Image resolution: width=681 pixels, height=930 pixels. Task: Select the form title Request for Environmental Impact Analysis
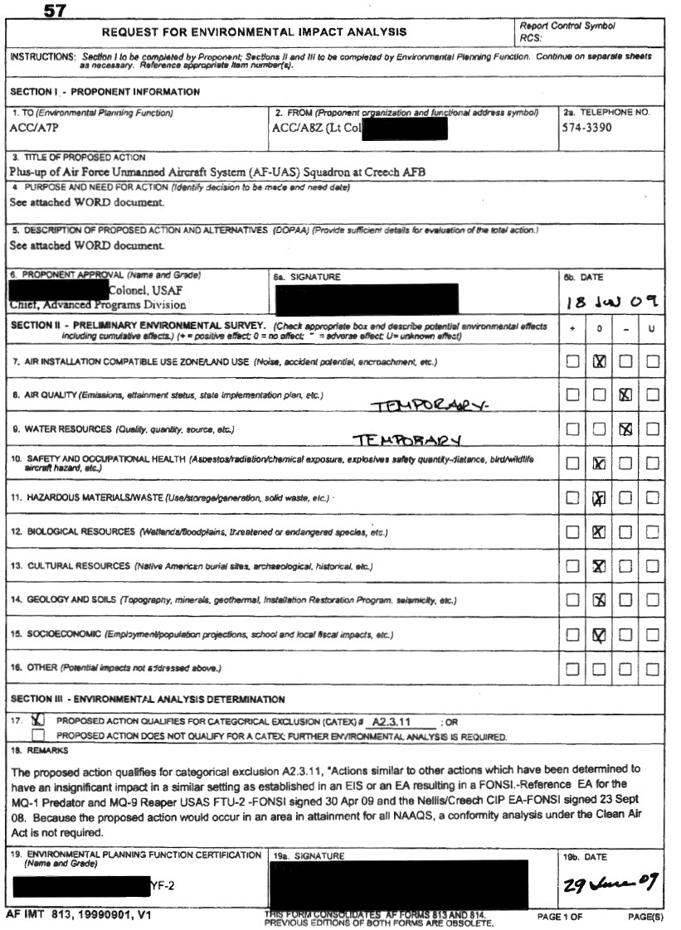coord(254,32)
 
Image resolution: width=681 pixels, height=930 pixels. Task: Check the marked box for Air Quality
coord(626,395)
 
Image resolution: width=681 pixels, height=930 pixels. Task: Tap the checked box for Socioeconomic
coord(599,635)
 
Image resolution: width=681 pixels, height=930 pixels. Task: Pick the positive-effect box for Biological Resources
coord(572,532)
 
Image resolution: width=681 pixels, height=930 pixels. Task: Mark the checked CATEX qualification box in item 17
coord(37,721)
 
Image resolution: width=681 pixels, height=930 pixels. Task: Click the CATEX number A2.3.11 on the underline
coord(392,722)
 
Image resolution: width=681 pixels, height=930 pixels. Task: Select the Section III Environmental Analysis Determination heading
coord(148,700)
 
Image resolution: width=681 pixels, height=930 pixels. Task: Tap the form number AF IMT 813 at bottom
coord(78,916)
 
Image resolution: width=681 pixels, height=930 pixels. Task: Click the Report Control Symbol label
coord(567,27)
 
